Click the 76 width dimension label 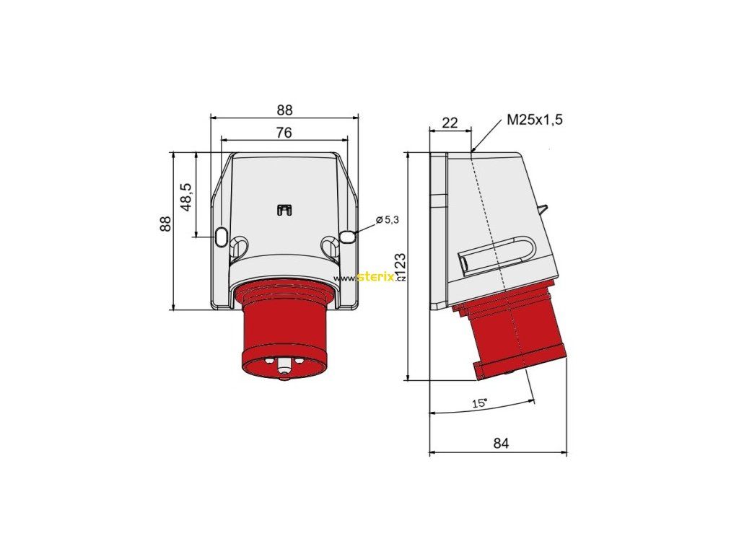pos(284,133)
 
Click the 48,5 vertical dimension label pos(186,197)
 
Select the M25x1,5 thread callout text pos(535,120)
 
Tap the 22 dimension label pos(450,123)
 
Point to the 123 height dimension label pos(400,267)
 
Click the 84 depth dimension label pos(501,444)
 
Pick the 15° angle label pos(480,403)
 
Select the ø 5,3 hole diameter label pos(388,219)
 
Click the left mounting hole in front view pos(221,237)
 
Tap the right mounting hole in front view pos(346,237)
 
